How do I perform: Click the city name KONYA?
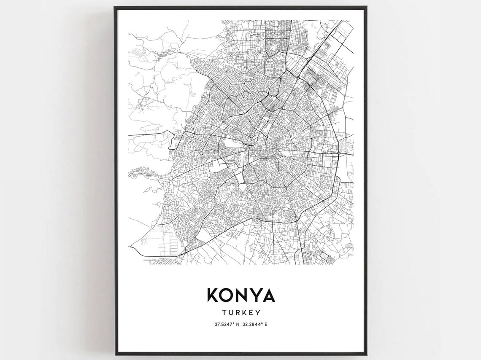click(x=240, y=295)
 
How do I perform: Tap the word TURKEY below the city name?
click(x=240, y=313)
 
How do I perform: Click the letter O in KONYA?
click(x=227, y=295)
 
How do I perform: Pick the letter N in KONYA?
click(x=241, y=295)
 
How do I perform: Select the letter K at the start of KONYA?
click(x=212, y=295)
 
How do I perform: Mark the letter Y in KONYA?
click(x=255, y=295)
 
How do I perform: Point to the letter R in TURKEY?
click(x=237, y=313)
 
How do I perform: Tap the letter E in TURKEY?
click(x=251, y=313)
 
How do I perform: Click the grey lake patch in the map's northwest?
click(x=138, y=52)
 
